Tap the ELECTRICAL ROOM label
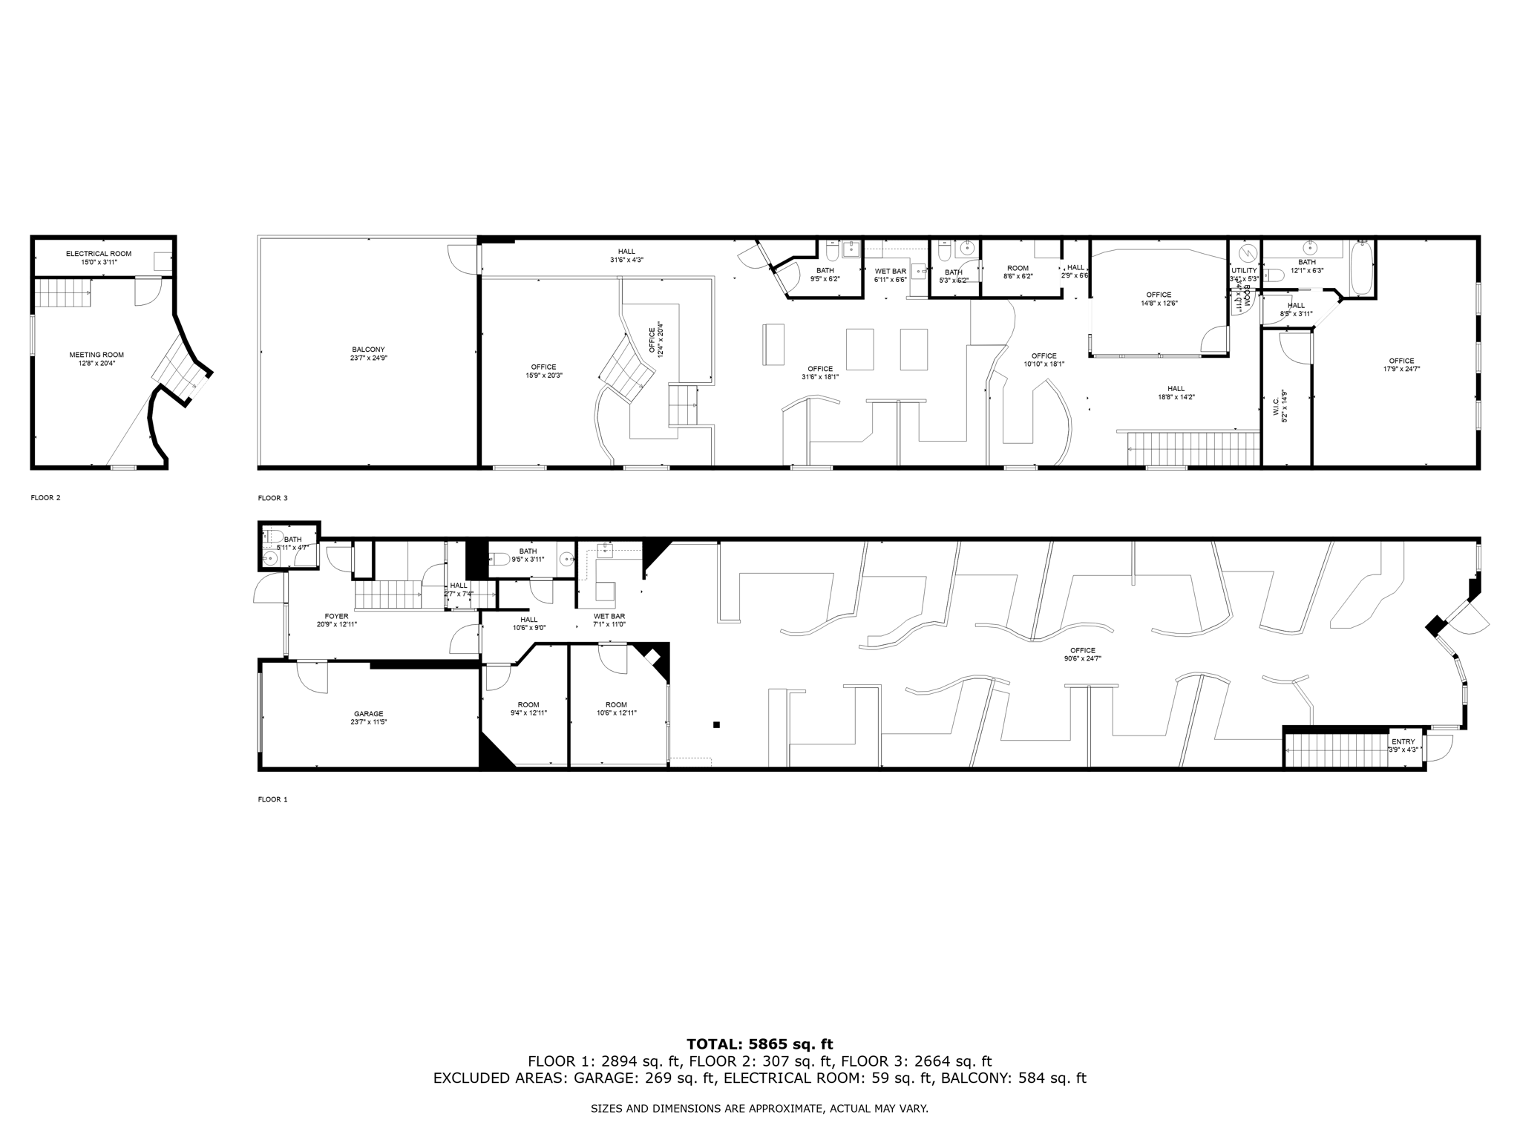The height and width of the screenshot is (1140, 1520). (x=99, y=254)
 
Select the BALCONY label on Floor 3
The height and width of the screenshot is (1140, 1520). (x=368, y=350)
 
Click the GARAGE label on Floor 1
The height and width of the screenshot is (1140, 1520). (x=368, y=714)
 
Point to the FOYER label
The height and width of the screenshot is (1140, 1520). (x=337, y=616)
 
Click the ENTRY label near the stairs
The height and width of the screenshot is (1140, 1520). (x=1403, y=741)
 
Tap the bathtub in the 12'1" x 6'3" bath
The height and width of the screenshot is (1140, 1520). (x=1363, y=268)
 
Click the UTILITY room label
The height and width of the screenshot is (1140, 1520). (x=1244, y=271)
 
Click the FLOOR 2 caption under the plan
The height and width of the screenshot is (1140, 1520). (x=45, y=498)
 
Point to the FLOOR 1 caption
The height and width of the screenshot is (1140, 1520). (x=272, y=799)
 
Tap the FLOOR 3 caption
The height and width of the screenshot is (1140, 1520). (x=272, y=498)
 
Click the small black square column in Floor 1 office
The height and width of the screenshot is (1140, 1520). (x=716, y=724)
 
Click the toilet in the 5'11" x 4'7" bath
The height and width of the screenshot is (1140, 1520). (x=272, y=536)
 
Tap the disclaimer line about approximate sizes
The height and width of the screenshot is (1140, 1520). (x=759, y=1109)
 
